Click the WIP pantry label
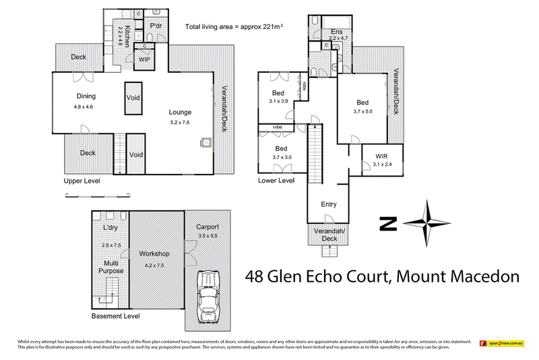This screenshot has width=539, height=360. (144, 59)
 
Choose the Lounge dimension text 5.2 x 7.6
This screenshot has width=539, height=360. (180, 123)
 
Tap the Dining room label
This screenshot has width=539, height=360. (86, 96)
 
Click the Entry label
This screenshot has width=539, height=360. (328, 204)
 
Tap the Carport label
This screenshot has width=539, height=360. (208, 227)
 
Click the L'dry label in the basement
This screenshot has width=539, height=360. (110, 227)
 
